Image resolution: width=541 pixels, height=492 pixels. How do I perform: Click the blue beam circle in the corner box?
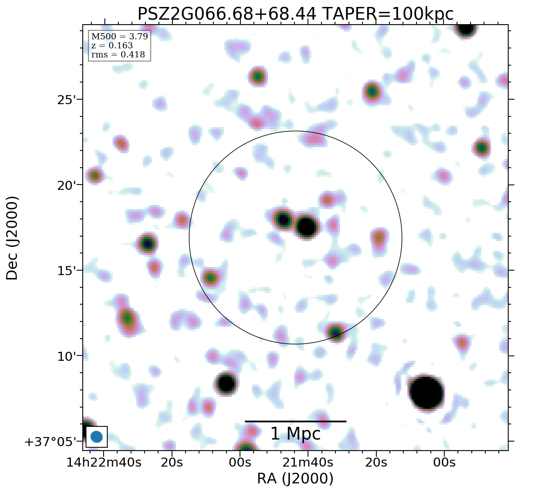pyautogui.click(x=96, y=437)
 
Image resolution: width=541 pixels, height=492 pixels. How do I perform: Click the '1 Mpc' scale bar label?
pyautogui.click(x=295, y=434)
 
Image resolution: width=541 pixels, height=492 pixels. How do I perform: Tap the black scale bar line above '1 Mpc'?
pyautogui.click(x=295, y=421)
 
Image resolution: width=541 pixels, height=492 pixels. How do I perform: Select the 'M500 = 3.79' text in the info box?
pyautogui.click(x=119, y=36)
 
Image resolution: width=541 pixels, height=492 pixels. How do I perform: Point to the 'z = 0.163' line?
pyautogui.click(x=112, y=46)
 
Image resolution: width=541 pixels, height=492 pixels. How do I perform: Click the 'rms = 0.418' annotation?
pyautogui.click(x=118, y=55)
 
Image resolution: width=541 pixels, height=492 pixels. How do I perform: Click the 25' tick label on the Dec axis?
pyautogui.click(x=66, y=100)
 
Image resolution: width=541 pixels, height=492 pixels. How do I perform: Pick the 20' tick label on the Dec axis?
pyautogui.click(x=66, y=185)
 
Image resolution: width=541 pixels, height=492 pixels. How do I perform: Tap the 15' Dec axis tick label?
pyautogui.click(x=66, y=271)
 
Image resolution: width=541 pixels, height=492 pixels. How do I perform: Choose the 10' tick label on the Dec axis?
pyautogui.click(x=66, y=356)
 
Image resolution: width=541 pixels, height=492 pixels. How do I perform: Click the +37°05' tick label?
pyautogui.click(x=51, y=442)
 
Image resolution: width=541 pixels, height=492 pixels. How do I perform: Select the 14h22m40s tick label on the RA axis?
pyautogui.click(x=104, y=462)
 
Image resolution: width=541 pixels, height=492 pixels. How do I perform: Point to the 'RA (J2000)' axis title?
pyautogui.click(x=295, y=478)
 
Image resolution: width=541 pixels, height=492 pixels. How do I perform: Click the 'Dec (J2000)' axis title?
pyautogui.click(x=12, y=238)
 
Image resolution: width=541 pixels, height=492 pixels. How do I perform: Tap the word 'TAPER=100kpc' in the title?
pyautogui.click(x=388, y=14)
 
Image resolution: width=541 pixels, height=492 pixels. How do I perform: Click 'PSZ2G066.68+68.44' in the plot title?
pyautogui.click(x=226, y=14)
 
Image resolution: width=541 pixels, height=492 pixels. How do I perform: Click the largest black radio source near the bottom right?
pyautogui.click(x=426, y=392)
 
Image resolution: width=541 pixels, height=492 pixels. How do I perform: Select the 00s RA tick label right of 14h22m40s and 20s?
pyautogui.click(x=240, y=462)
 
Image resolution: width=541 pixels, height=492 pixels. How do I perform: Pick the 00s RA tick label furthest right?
pyautogui.click(x=444, y=462)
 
